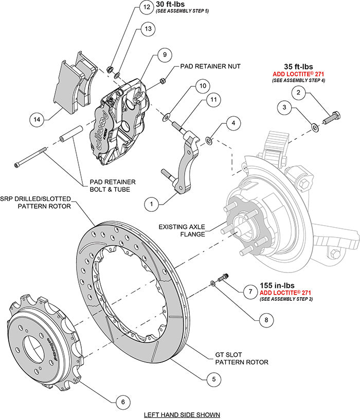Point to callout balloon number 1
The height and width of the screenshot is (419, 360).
[151, 204]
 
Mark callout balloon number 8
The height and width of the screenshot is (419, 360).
[266, 319]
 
